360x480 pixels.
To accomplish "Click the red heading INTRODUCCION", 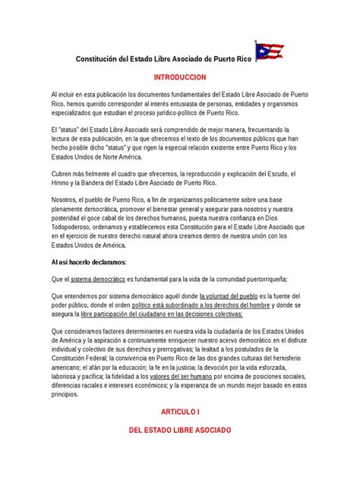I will [179, 78].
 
